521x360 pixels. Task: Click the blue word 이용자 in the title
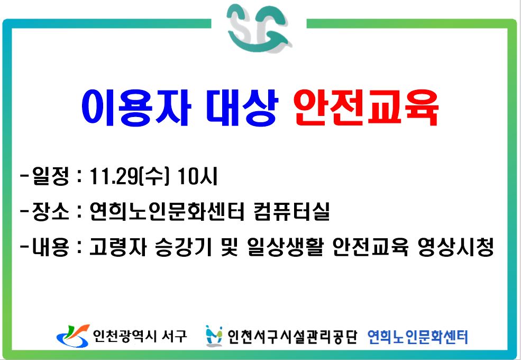point(136,107)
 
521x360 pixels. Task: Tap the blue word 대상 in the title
point(242,107)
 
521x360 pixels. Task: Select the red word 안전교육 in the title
point(366,107)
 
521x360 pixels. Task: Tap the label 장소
point(50,211)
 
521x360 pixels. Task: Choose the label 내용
point(50,247)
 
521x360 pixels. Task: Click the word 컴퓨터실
point(291,211)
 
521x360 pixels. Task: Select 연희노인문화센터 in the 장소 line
point(167,211)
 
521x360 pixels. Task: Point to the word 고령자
point(118,247)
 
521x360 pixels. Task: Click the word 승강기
point(184,247)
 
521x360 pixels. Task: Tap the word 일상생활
point(286,247)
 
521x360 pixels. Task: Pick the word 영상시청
point(455,247)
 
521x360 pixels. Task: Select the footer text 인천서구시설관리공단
point(292,336)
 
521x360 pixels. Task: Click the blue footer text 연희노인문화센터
point(418,337)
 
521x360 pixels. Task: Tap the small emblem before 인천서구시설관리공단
point(214,336)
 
